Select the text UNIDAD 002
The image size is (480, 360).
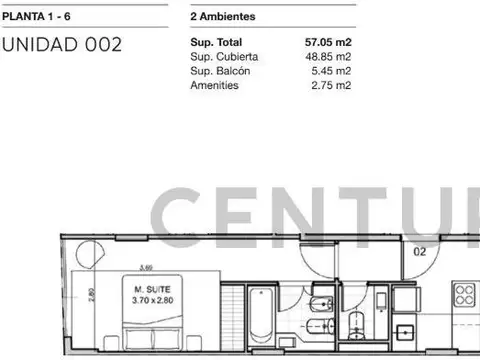(x=62, y=44)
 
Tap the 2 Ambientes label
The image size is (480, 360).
(x=221, y=18)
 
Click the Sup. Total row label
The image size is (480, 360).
(x=215, y=44)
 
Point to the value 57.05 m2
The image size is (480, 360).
(x=327, y=44)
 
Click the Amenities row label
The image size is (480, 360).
(x=213, y=86)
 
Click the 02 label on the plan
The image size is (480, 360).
(x=421, y=253)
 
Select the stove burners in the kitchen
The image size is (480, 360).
(x=465, y=294)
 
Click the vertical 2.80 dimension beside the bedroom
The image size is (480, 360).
(x=91, y=297)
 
